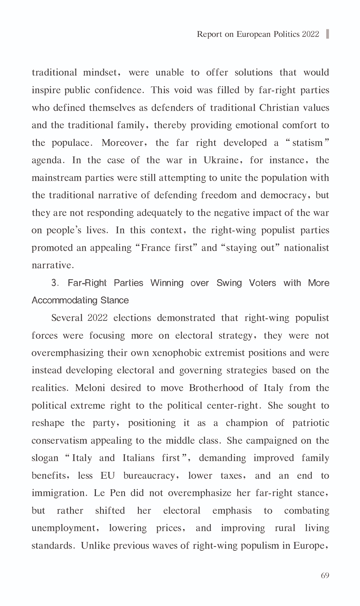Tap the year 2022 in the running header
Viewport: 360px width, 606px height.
pyautogui.click(x=310, y=34)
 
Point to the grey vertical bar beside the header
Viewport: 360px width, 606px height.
pyautogui.click(x=328, y=34)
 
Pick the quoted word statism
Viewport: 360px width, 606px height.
pyautogui.click(x=307, y=143)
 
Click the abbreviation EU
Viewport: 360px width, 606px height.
pyautogui.click(x=108, y=476)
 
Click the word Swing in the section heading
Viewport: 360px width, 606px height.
pyautogui.click(x=229, y=283)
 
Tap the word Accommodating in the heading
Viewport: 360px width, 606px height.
pyautogui.click(x=65, y=300)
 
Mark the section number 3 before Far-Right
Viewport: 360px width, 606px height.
pyautogui.click(x=55, y=283)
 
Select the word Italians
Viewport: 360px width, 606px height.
pyautogui.click(x=139, y=458)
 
